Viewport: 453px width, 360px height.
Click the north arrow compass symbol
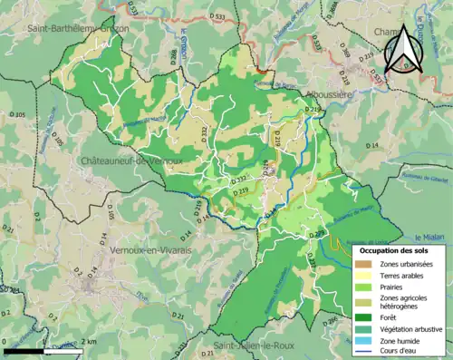399,47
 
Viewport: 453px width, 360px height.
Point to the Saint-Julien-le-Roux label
248,345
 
